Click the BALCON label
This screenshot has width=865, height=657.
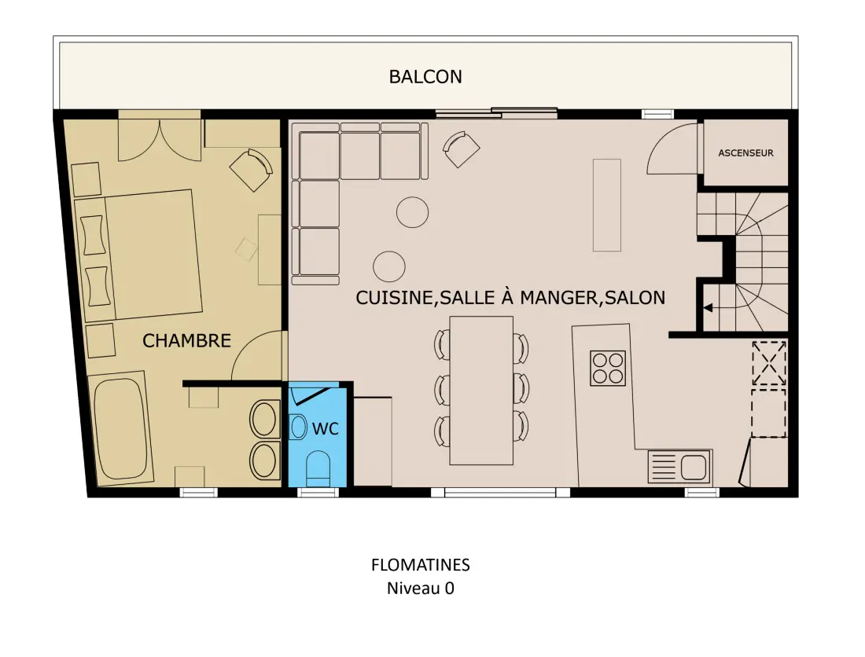pyautogui.click(x=425, y=76)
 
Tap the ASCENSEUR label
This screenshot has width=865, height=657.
pyautogui.click(x=745, y=152)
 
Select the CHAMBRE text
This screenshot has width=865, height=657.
pyautogui.click(x=186, y=340)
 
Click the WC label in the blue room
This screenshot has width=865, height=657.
pyautogui.click(x=326, y=428)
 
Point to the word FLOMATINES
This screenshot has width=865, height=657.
pyautogui.click(x=421, y=565)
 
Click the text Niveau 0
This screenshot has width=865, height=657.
pyautogui.click(x=421, y=588)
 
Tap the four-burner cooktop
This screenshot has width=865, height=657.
pyautogui.click(x=607, y=368)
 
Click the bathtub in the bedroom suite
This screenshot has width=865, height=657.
pyautogui.click(x=122, y=429)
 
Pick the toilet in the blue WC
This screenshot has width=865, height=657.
pyautogui.click(x=318, y=469)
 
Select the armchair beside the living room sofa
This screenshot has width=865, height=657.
pyautogui.click(x=461, y=149)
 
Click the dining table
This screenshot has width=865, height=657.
pyautogui.click(x=481, y=391)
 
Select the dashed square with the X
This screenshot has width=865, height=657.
pyautogui.click(x=769, y=362)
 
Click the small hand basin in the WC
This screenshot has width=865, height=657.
pyautogui.click(x=298, y=427)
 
